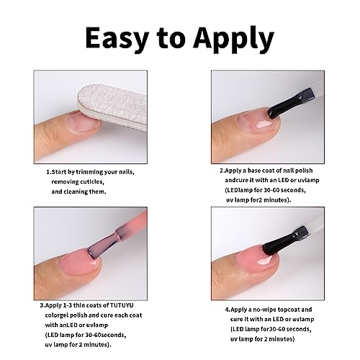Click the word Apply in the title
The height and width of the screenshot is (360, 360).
[233, 40]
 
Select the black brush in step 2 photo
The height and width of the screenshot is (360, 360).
[290, 104]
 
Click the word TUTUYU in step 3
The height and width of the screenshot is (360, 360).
[122, 305]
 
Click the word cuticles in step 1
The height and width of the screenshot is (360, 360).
[92, 182]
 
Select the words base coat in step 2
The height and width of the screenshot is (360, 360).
[265, 171]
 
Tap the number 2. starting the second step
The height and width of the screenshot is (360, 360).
[222, 171]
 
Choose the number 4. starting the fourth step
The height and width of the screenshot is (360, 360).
[228, 310]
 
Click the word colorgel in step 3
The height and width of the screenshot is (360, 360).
[57, 315]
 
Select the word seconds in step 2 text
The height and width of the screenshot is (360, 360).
[293, 190]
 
